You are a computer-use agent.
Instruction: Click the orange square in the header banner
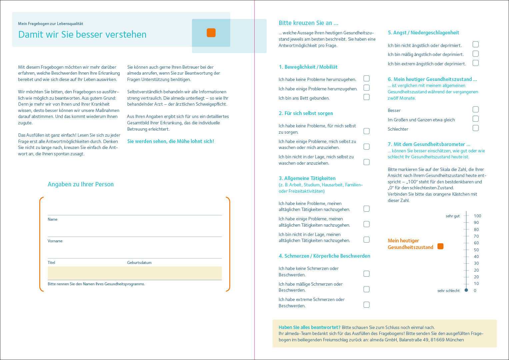coord(211,33)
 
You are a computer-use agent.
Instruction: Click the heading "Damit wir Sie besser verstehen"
coord(82,34)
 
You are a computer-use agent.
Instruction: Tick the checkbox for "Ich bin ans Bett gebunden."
coord(366,97)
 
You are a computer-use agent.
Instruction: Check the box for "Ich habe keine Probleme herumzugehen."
coord(366,78)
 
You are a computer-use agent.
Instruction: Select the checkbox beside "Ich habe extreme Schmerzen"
coord(366,304)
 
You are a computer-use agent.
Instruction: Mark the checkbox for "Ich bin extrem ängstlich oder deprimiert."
coord(476,63)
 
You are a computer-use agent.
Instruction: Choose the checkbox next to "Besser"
coord(476,109)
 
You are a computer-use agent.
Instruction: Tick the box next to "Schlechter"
coord(476,128)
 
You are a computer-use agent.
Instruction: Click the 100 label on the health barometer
coord(477,216)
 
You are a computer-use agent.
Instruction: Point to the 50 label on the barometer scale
coord(476,250)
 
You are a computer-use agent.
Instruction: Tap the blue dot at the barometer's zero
coord(466,290)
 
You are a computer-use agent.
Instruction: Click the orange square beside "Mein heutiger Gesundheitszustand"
coord(440,246)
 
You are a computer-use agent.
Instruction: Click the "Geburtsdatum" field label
coord(139,263)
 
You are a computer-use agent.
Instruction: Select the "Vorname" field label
coord(55,241)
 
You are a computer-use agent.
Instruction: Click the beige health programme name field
coord(135,273)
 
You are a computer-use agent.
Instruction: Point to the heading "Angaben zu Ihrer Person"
coord(81,184)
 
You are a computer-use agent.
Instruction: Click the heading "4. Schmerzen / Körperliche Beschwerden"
coord(324,256)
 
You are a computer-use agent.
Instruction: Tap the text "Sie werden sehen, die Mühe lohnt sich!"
coord(171,141)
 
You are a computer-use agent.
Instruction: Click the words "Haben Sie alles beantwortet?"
coord(309,327)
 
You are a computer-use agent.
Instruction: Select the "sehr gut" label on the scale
coord(452,216)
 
